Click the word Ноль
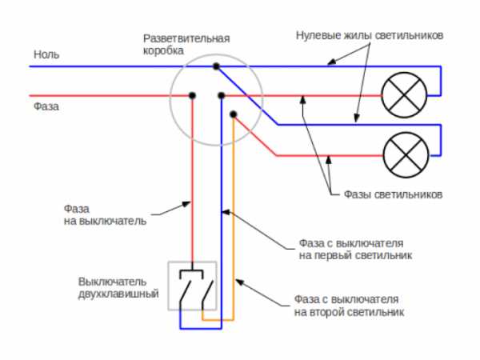click(46, 54)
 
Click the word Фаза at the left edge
click(46, 104)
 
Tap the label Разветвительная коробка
click(186, 44)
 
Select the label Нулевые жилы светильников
click(369, 37)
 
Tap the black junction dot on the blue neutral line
click(215, 66)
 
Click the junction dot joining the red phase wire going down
click(192, 95)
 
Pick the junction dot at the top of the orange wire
click(233, 114)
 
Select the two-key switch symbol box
click(191, 286)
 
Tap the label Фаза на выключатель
click(104, 214)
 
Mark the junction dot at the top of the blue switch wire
click(221, 95)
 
